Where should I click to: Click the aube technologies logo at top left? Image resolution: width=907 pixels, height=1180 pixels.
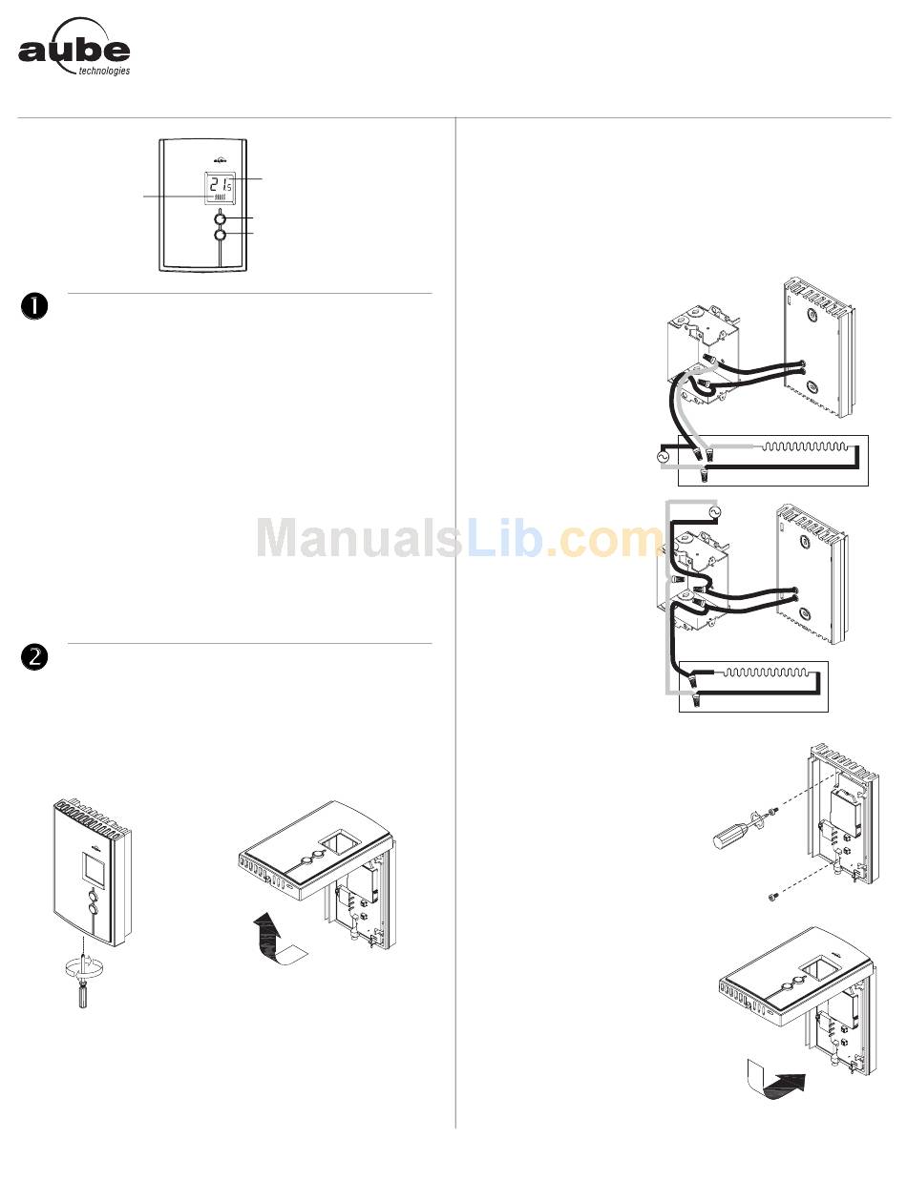[74, 48]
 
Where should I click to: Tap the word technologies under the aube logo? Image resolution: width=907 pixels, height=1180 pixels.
[103, 71]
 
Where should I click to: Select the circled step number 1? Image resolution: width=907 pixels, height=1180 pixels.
[33, 305]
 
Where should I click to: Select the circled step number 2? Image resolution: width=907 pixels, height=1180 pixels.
[33, 655]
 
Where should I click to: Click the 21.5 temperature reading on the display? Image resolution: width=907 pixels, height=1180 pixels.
[220, 184]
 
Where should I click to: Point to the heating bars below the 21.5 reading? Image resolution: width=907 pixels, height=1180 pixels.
[221, 201]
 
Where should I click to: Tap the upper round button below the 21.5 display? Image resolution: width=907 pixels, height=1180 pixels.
[221, 218]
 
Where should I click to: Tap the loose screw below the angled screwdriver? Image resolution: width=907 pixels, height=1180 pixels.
[773, 896]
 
